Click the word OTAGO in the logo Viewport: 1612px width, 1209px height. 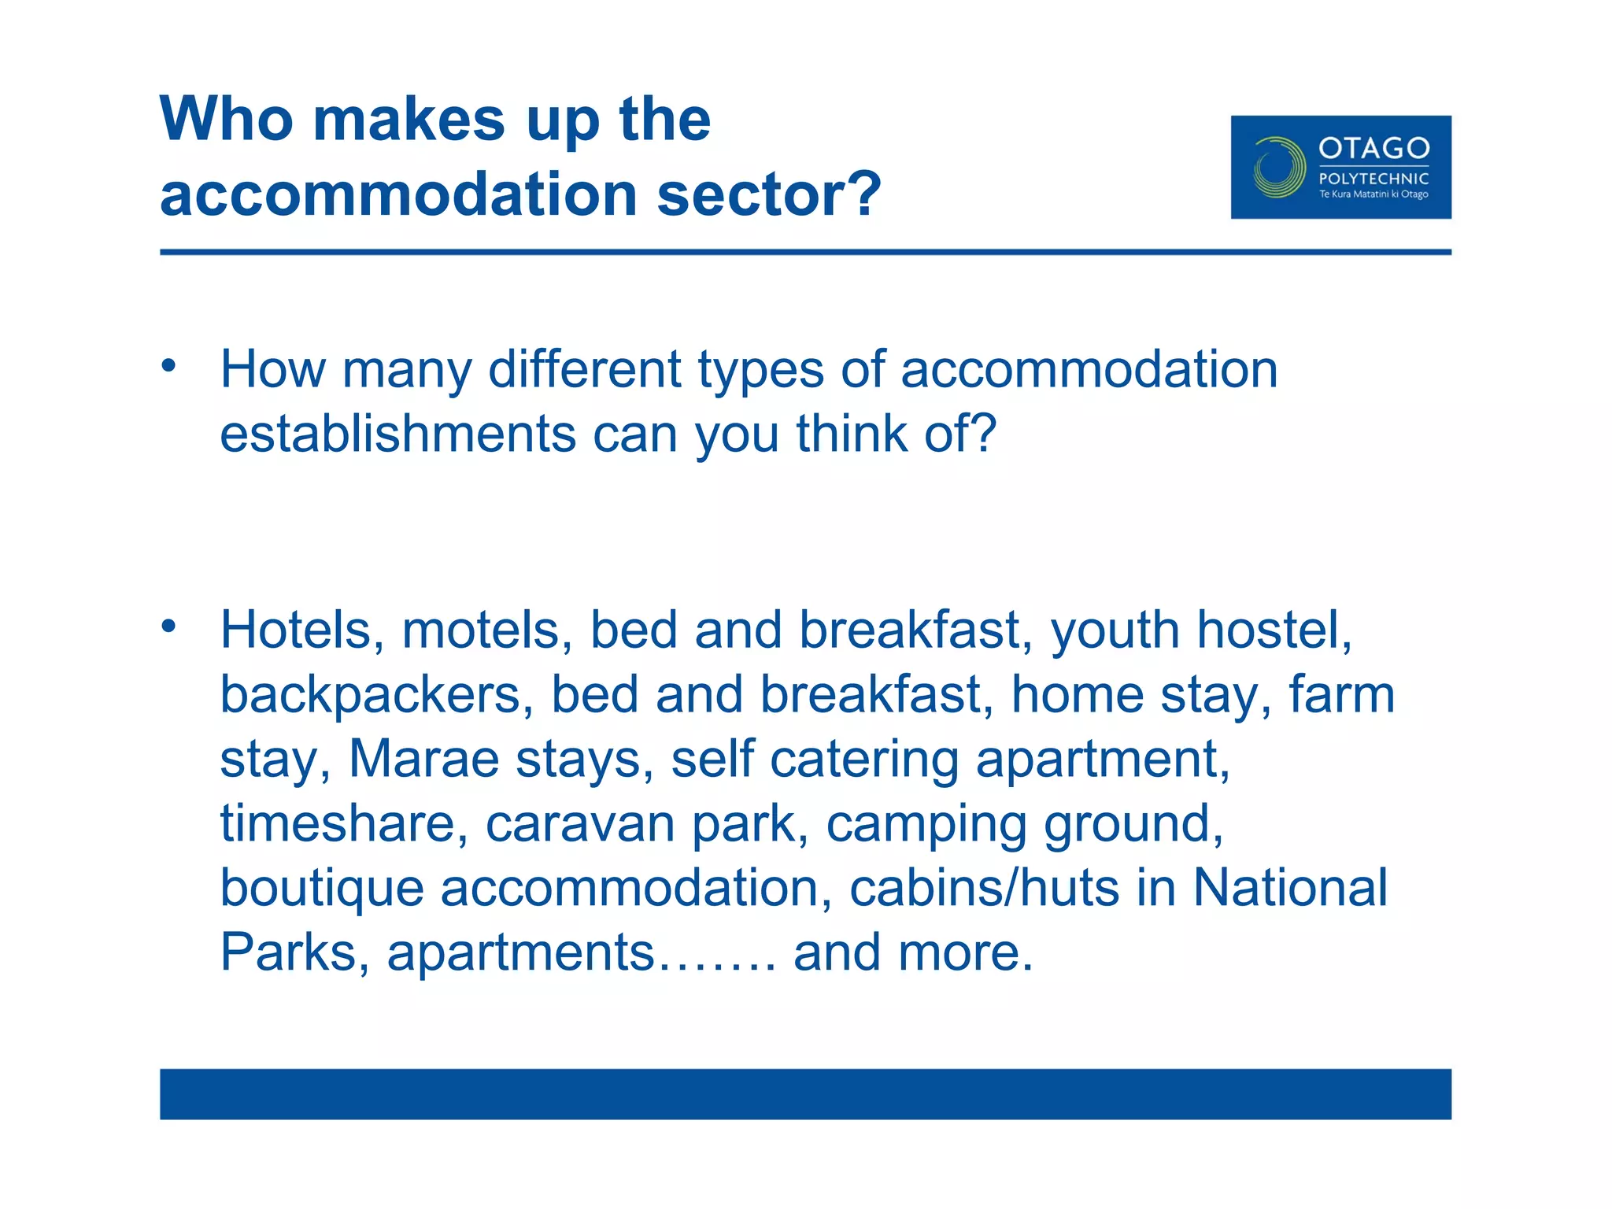tap(1374, 148)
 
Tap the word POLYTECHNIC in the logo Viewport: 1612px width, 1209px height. tap(1374, 179)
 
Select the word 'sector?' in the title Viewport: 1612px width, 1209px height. tap(769, 194)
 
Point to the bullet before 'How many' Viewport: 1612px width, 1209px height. tap(168, 365)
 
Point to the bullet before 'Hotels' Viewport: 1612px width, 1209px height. tap(168, 627)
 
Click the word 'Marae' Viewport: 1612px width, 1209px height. tap(423, 760)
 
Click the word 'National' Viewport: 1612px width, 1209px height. tap(1290, 888)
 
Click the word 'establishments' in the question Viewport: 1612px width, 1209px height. tap(397, 434)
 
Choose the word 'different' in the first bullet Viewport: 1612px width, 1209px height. tap(584, 369)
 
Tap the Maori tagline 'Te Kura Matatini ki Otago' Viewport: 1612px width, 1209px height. tap(1374, 194)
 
